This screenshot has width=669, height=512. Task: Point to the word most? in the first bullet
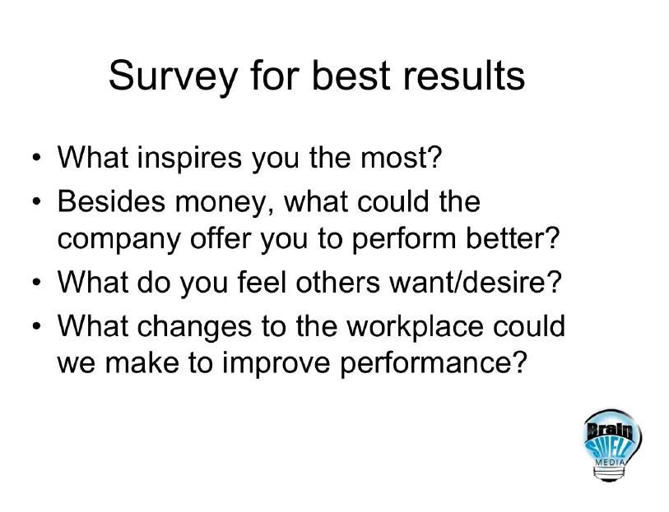(x=401, y=158)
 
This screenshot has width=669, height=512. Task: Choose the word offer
(x=221, y=238)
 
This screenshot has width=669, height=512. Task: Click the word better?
(x=513, y=238)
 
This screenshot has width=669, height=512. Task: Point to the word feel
(x=262, y=282)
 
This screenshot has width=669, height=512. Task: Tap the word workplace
(x=414, y=326)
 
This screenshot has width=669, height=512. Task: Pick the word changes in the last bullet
(x=194, y=327)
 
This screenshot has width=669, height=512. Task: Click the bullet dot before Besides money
(x=37, y=201)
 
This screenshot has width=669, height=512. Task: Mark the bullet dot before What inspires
(x=37, y=157)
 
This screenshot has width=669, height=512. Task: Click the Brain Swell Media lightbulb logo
(x=612, y=445)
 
